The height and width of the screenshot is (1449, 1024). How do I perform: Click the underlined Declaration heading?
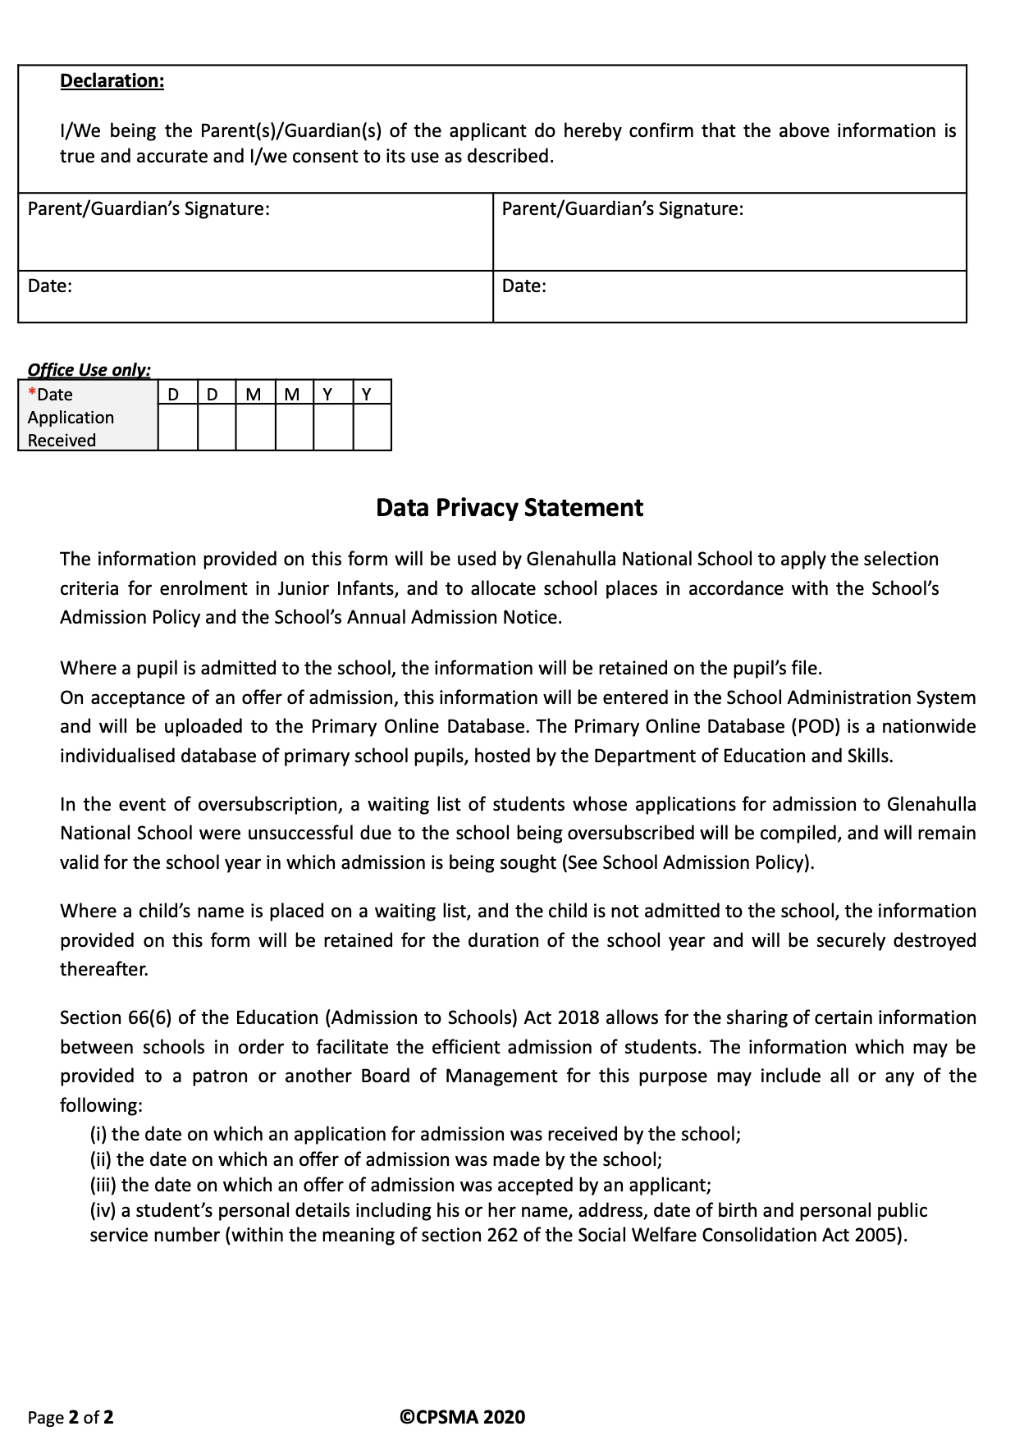pos(112,81)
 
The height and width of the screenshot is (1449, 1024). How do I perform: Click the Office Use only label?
pos(89,370)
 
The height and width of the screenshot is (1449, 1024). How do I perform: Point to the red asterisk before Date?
pos(32,393)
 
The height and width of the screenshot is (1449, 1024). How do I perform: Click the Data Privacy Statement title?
pos(509,508)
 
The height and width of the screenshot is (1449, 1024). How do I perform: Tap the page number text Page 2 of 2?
pos(71,1417)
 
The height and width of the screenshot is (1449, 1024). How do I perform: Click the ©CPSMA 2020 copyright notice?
pos(462,1417)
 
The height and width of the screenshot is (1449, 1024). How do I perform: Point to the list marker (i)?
pos(98,1135)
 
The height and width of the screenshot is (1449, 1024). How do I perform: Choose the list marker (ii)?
pos(101,1160)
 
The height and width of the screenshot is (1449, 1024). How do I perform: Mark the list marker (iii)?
pos(103,1186)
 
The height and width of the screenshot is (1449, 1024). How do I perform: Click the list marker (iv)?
pos(103,1211)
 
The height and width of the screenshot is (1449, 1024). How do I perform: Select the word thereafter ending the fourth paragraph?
pos(104,970)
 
